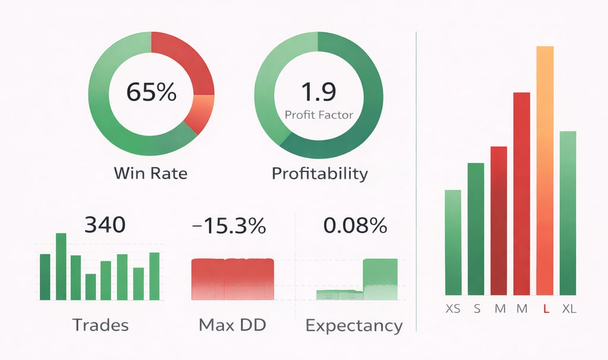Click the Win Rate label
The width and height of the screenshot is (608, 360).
click(x=150, y=173)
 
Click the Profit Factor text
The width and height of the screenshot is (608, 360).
click(x=319, y=115)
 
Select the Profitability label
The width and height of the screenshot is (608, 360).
click(x=319, y=173)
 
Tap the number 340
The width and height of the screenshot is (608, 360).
click(x=105, y=225)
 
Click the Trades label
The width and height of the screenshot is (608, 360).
click(x=100, y=325)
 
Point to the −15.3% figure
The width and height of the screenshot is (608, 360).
click(x=229, y=226)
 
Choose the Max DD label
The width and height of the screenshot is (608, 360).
click(x=232, y=325)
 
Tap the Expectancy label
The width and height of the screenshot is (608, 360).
click(x=354, y=326)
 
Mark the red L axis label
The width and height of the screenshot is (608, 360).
click(x=545, y=310)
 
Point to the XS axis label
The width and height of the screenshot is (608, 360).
click(x=452, y=310)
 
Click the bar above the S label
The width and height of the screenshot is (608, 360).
click(x=476, y=229)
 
